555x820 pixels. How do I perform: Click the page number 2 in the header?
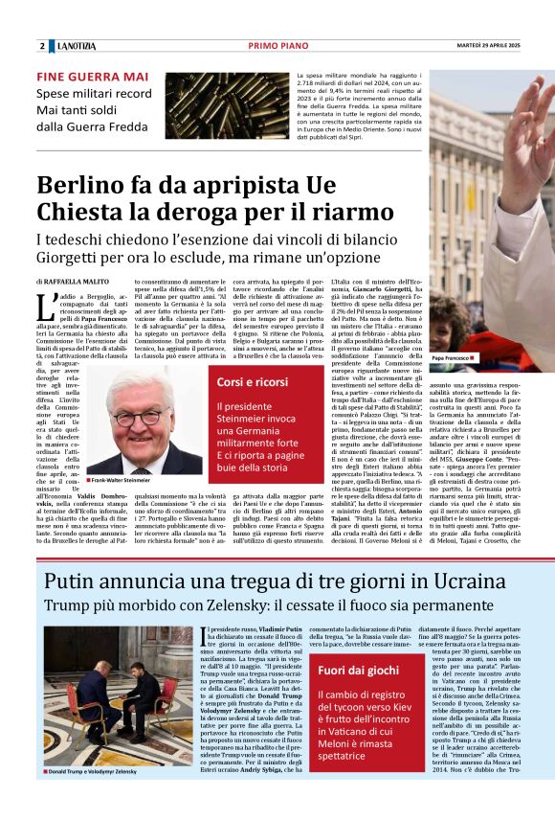coord(42,45)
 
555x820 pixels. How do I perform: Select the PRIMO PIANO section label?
coord(277,45)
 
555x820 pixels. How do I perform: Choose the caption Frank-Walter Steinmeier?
coord(121,479)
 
